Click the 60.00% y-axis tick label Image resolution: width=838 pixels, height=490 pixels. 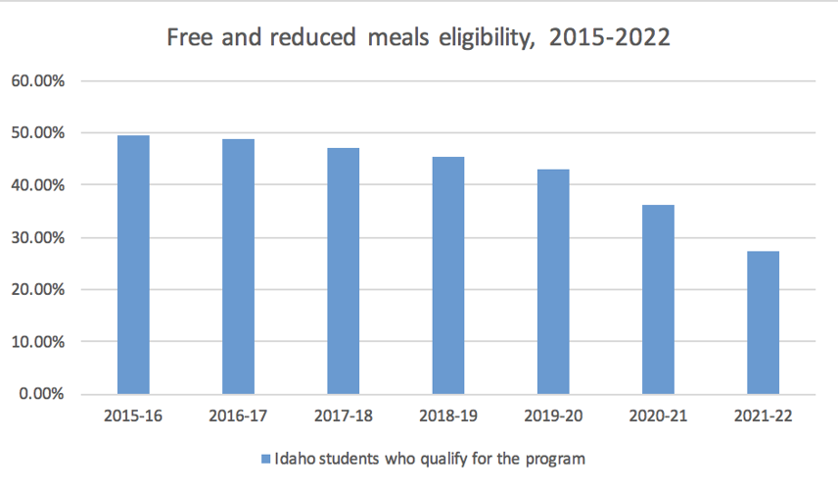point(37,80)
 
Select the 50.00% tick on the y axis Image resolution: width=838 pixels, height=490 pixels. point(37,132)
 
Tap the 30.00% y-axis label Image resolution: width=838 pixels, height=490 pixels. point(37,237)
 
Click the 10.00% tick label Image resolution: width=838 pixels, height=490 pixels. point(37,342)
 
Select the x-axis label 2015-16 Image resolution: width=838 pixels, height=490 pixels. point(133,416)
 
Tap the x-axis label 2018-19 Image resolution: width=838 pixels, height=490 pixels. point(448,416)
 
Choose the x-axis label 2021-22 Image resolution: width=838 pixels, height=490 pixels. point(763,416)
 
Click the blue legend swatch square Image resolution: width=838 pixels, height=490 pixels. point(265,458)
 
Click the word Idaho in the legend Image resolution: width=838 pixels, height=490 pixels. point(295,458)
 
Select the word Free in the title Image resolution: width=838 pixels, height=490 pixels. point(188,38)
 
